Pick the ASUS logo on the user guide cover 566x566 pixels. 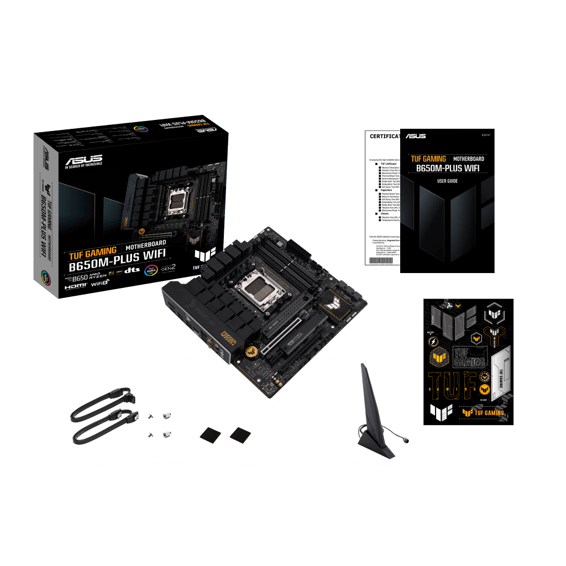[416, 136]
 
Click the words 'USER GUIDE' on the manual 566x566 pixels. [447, 181]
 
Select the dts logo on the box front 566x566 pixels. [130, 270]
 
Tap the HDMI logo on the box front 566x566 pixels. [76, 287]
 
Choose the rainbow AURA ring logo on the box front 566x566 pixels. [151, 270]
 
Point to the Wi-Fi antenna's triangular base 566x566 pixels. [376, 445]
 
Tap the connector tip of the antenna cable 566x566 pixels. [406, 440]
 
